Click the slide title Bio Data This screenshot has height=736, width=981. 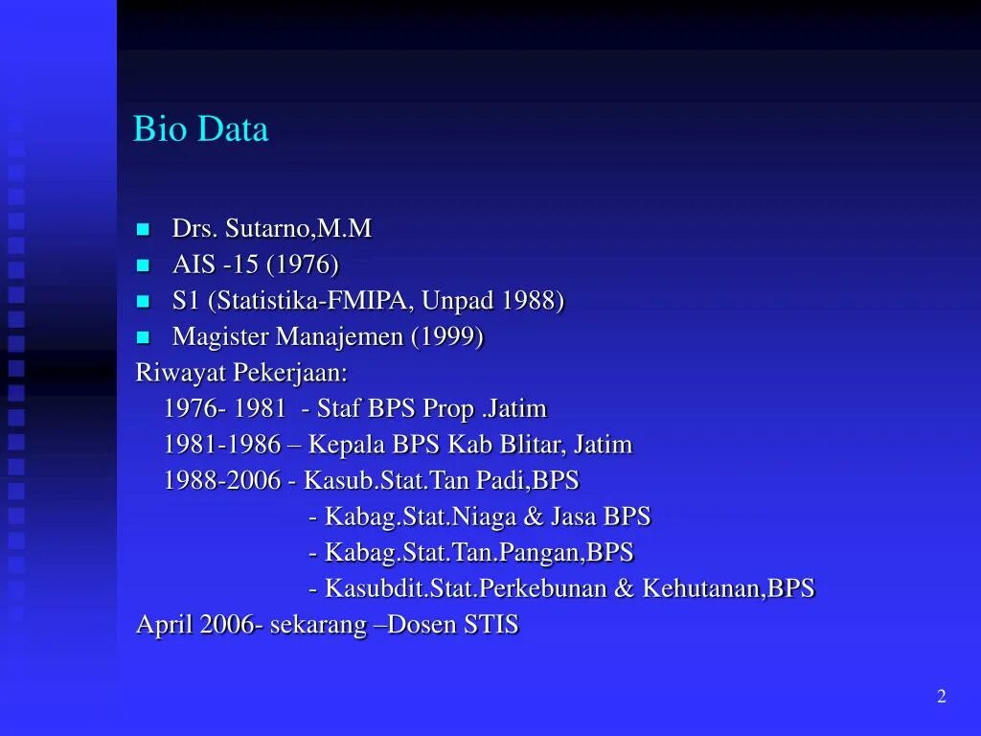click(x=200, y=129)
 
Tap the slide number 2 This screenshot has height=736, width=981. click(x=941, y=697)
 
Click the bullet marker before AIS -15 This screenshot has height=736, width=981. click(x=144, y=265)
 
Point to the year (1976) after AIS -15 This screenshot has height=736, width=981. click(x=303, y=265)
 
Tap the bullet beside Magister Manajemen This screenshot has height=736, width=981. click(x=144, y=337)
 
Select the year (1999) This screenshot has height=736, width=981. click(x=447, y=337)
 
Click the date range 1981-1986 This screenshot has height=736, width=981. click(x=222, y=445)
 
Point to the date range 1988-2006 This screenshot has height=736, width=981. click(x=222, y=480)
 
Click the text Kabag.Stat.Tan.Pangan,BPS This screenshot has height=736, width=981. click(x=479, y=553)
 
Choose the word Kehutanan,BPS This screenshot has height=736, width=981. click(x=728, y=588)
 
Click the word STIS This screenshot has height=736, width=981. click(x=491, y=625)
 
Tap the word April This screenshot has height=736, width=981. click(x=165, y=625)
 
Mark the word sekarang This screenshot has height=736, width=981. click(x=318, y=625)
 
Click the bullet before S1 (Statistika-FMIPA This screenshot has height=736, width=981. click(x=144, y=301)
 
